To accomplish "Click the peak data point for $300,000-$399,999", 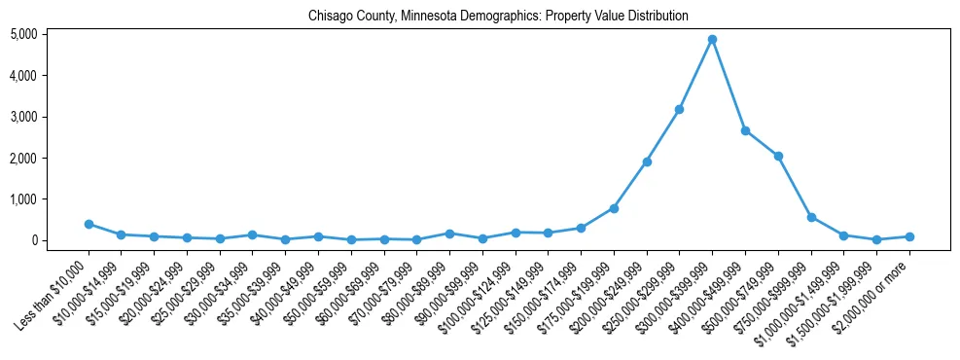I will click(712, 40).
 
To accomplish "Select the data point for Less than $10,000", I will click(89, 224).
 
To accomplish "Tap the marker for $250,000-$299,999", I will click(679, 109).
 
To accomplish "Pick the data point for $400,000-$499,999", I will click(745, 130).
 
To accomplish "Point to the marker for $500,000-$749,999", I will click(778, 156).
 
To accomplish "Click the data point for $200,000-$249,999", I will click(647, 162).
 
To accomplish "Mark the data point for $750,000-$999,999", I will click(811, 217).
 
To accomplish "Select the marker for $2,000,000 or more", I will click(909, 236).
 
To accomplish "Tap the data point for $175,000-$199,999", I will click(614, 208).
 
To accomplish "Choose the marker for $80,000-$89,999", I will click(449, 234).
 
